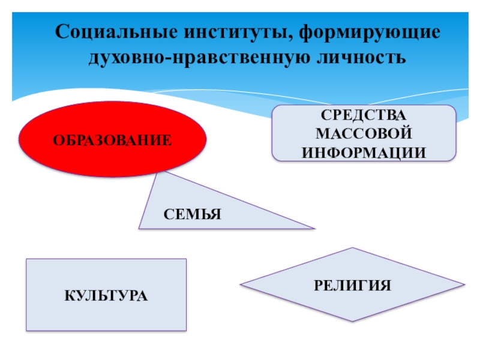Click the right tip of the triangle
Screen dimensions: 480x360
(313, 228)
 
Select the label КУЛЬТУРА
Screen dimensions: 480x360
(106, 296)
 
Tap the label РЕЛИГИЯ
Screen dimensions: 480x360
(352, 284)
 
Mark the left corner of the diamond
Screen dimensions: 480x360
(241, 284)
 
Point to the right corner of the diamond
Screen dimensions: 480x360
(464, 284)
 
